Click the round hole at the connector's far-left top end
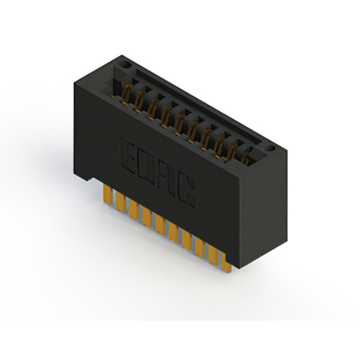click(x=125, y=65)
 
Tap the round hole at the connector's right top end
click(x=270, y=148)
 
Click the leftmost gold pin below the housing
click(x=108, y=195)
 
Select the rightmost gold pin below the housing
click(x=227, y=263)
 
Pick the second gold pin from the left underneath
click(x=120, y=202)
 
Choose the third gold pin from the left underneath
click(x=134, y=209)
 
